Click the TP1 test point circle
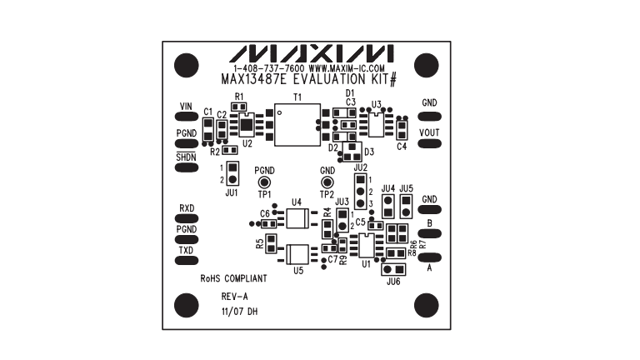[x=265, y=182]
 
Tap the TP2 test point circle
[x=327, y=182]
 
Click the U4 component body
[x=297, y=219]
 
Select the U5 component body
[x=297, y=253]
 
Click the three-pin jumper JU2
[x=360, y=192]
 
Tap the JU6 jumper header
[x=394, y=269]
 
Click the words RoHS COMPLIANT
[x=233, y=280]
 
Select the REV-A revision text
[x=234, y=296]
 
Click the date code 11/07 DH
[x=239, y=311]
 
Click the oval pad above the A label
[x=429, y=257]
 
